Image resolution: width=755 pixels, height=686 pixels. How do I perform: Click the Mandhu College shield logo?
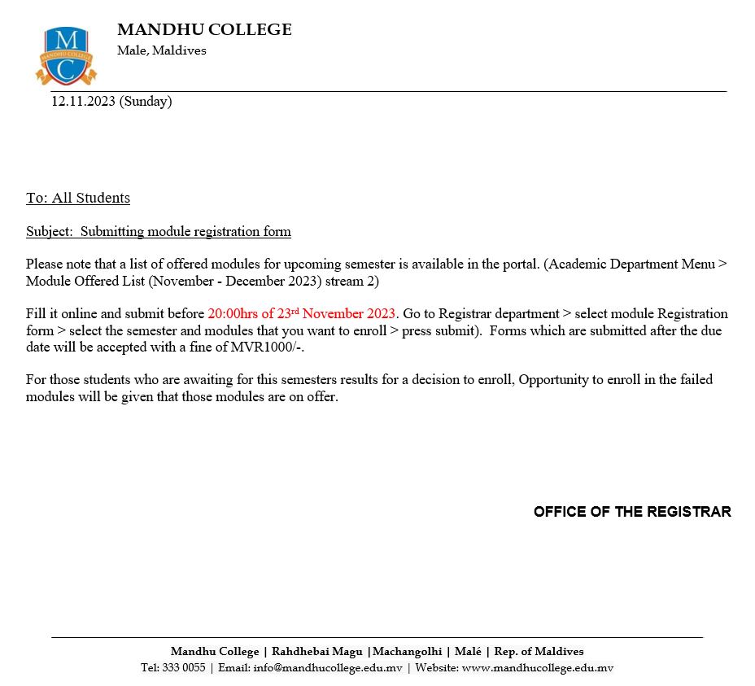pyautogui.click(x=66, y=55)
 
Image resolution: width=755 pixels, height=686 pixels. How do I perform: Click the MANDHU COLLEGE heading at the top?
pyautogui.click(x=204, y=30)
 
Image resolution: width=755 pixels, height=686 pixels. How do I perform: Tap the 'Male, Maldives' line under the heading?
pyautogui.click(x=162, y=50)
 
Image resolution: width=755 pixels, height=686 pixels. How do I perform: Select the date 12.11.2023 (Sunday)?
pyautogui.click(x=111, y=101)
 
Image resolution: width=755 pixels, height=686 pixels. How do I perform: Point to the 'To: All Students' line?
pyautogui.click(x=78, y=198)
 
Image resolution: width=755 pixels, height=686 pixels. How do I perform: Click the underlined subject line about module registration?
pyautogui.click(x=159, y=231)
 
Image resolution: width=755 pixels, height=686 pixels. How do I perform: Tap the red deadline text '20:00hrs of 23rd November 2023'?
pyautogui.click(x=301, y=313)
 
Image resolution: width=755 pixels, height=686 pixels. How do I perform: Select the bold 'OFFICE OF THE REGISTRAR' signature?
pyautogui.click(x=632, y=512)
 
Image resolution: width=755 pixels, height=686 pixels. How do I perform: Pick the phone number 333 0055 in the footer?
pyautogui.click(x=184, y=668)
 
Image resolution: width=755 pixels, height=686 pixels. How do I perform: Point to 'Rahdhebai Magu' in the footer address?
pyautogui.click(x=316, y=651)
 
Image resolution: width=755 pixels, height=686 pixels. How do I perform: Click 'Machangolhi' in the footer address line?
pyautogui.click(x=407, y=651)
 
